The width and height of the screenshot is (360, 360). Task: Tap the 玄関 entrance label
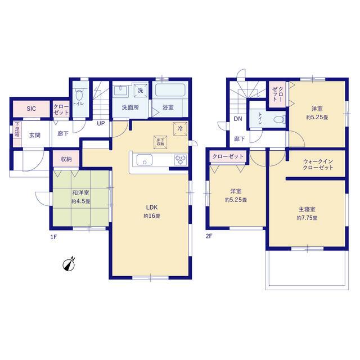[x=35, y=134]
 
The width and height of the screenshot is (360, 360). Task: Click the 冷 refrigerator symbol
[x=180, y=127]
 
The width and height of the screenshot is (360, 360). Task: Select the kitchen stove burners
[x=180, y=161]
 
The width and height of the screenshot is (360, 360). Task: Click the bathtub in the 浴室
[x=171, y=92]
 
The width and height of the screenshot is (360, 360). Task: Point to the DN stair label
[x=238, y=119]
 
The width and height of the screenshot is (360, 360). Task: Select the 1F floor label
[x=53, y=236]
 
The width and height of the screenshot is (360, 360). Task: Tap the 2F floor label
[x=209, y=236]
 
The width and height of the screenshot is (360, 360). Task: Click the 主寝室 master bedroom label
[x=308, y=213]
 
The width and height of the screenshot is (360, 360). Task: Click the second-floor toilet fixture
[x=276, y=119]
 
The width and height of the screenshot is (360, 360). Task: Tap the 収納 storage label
[x=65, y=159]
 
